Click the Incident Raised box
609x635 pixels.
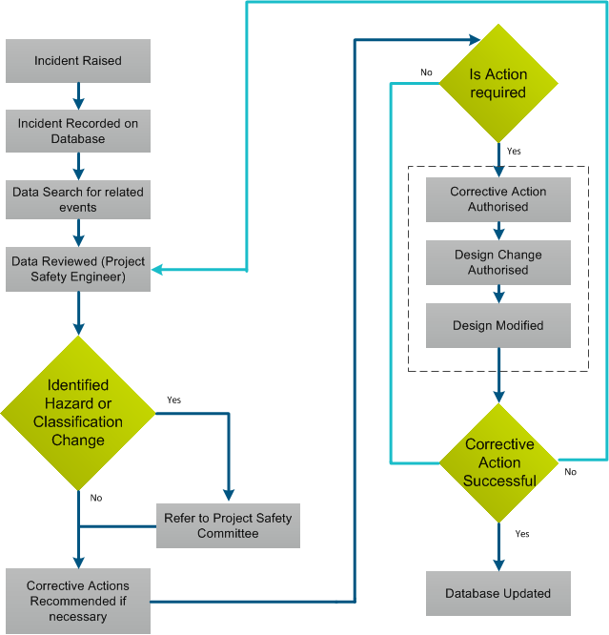pos(78,61)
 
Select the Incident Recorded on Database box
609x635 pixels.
pos(78,132)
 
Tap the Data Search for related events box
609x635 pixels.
pos(78,199)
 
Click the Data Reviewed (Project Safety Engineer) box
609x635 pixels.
pos(78,269)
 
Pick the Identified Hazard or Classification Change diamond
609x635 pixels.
pos(78,413)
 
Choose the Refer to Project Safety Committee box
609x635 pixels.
pos(228,525)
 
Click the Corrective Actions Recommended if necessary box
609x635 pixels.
pos(78,601)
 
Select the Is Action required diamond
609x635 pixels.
pos(497,84)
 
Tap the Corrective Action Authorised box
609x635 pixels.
pos(497,199)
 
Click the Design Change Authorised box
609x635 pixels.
pos(497,262)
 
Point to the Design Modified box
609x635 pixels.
pos(497,325)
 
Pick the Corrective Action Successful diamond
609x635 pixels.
pos(498,462)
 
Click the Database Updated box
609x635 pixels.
pos(497,593)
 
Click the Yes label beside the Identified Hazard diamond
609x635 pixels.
pos(174,399)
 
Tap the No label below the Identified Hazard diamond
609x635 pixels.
pos(96,498)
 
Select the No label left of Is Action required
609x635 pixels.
pos(426,72)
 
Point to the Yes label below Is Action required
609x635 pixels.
pos(514,152)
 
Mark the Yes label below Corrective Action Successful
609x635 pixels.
pos(521,534)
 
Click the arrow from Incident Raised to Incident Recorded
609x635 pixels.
pos(78,96)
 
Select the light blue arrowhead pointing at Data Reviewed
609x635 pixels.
pos(158,270)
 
